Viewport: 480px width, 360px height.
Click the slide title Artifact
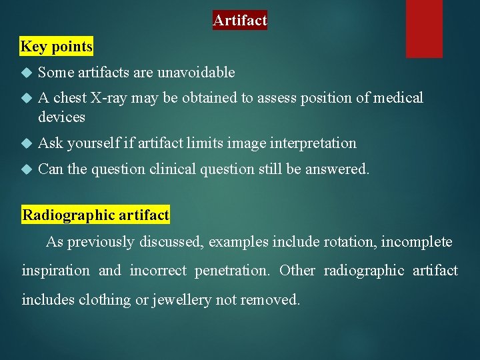(x=240, y=21)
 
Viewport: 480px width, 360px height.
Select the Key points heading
(x=57, y=47)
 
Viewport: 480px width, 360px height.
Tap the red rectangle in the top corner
(x=424, y=28)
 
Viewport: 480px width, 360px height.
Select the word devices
(x=62, y=117)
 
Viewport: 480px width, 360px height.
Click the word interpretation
(x=313, y=143)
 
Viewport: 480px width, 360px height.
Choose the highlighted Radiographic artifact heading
(x=96, y=215)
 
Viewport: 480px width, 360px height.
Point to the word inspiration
(x=55, y=271)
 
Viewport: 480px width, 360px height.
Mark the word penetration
(x=233, y=271)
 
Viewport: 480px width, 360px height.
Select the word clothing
(x=105, y=300)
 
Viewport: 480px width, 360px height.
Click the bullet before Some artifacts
(x=27, y=72)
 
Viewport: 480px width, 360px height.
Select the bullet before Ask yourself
(x=27, y=143)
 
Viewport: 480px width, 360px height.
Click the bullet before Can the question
(x=27, y=169)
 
